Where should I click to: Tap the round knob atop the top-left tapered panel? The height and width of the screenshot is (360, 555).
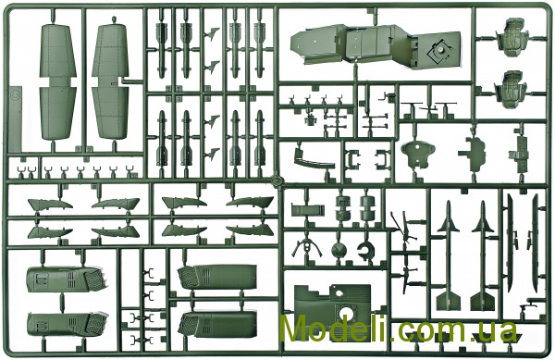click(x=114, y=19)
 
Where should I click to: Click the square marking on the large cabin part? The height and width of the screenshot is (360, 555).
click(x=438, y=50)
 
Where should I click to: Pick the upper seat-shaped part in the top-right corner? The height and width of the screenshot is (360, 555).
click(x=512, y=38)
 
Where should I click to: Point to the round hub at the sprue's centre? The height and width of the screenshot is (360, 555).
click(x=276, y=180)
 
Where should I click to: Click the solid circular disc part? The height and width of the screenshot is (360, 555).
click(x=339, y=250)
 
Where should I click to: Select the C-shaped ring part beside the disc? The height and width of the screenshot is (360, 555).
click(x=365, y=251)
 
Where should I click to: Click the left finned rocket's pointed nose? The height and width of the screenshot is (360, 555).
click(x=449, y=203)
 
